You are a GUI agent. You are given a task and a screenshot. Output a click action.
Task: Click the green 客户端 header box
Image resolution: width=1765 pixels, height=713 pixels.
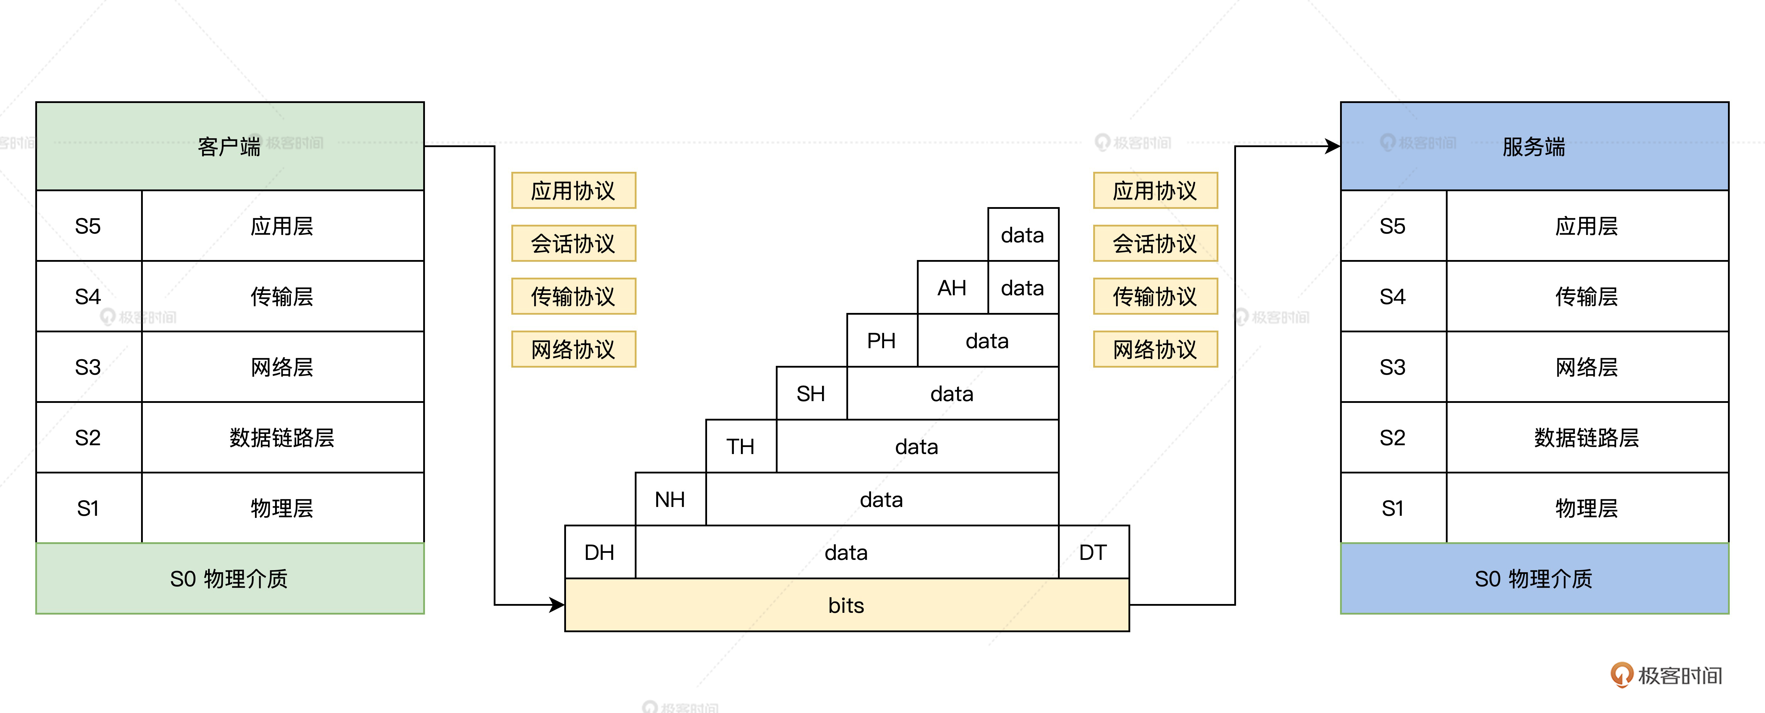(230, 146)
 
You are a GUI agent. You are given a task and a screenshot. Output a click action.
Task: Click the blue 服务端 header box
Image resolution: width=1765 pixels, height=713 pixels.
(1534, 146)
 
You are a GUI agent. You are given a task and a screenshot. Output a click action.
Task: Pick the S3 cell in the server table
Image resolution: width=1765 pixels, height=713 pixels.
(1392, 367)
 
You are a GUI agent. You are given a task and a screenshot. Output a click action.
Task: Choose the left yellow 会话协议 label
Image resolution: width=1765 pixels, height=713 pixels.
(573, 243)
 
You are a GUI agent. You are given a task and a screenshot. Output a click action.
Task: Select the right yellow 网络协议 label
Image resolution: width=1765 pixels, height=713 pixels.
(1155, 349)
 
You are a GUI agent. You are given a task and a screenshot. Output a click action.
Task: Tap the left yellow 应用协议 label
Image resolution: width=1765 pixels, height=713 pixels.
(573, 191)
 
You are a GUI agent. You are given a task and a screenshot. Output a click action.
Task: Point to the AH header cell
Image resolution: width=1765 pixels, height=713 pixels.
(952, 288)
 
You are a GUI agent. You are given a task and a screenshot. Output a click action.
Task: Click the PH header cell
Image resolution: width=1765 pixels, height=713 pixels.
(881, 341)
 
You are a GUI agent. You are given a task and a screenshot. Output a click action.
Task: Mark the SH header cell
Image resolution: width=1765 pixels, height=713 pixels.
(810, 393)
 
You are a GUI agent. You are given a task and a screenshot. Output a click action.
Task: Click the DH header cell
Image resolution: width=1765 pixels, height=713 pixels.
(600, 552)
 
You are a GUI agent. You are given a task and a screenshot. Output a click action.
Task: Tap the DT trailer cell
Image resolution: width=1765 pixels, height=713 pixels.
(1093, 552)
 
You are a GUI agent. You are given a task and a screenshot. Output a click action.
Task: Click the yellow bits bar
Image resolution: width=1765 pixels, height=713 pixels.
(846, 605)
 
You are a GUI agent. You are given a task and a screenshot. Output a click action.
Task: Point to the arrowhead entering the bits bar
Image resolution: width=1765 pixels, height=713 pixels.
(556, 605)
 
